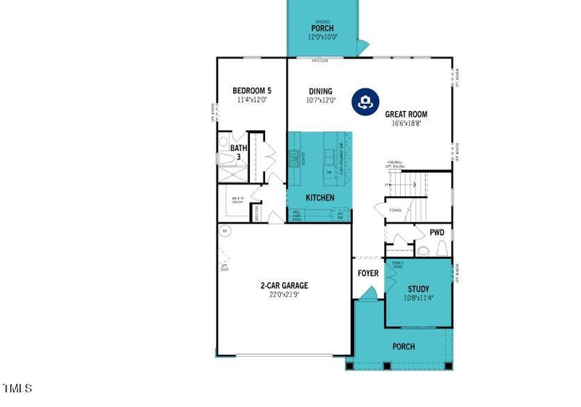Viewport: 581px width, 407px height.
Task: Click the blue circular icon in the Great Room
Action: [x=366, y=102]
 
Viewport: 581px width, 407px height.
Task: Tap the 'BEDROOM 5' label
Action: [x=251, y=91]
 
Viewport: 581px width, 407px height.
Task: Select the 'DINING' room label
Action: [x=320, y=91]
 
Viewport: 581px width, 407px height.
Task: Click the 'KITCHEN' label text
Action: [x=320, y=198]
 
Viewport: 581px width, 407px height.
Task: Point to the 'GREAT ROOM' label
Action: [x=406, y=114]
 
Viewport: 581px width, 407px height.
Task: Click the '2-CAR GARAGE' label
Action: [x=285, y=285]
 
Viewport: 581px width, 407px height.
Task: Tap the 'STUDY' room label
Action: [x=418, y=289]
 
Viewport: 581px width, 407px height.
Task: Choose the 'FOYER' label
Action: [x=368, y=273]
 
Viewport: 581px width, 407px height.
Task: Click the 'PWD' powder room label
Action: [x=436, y=233]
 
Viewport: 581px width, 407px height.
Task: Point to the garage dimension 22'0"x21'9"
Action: [x=285, y=294]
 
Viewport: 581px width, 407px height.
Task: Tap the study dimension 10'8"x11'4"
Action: [x=418, y=298]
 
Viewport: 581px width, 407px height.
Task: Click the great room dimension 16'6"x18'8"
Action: [x=406, y=124]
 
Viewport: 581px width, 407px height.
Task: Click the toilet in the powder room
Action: [x=423, y=251]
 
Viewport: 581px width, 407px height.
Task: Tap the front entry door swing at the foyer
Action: [x=369, y=293]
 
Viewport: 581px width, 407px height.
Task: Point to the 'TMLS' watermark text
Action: [x=17, y=388]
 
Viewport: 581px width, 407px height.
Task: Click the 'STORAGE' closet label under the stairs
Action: [x=395, y=210]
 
